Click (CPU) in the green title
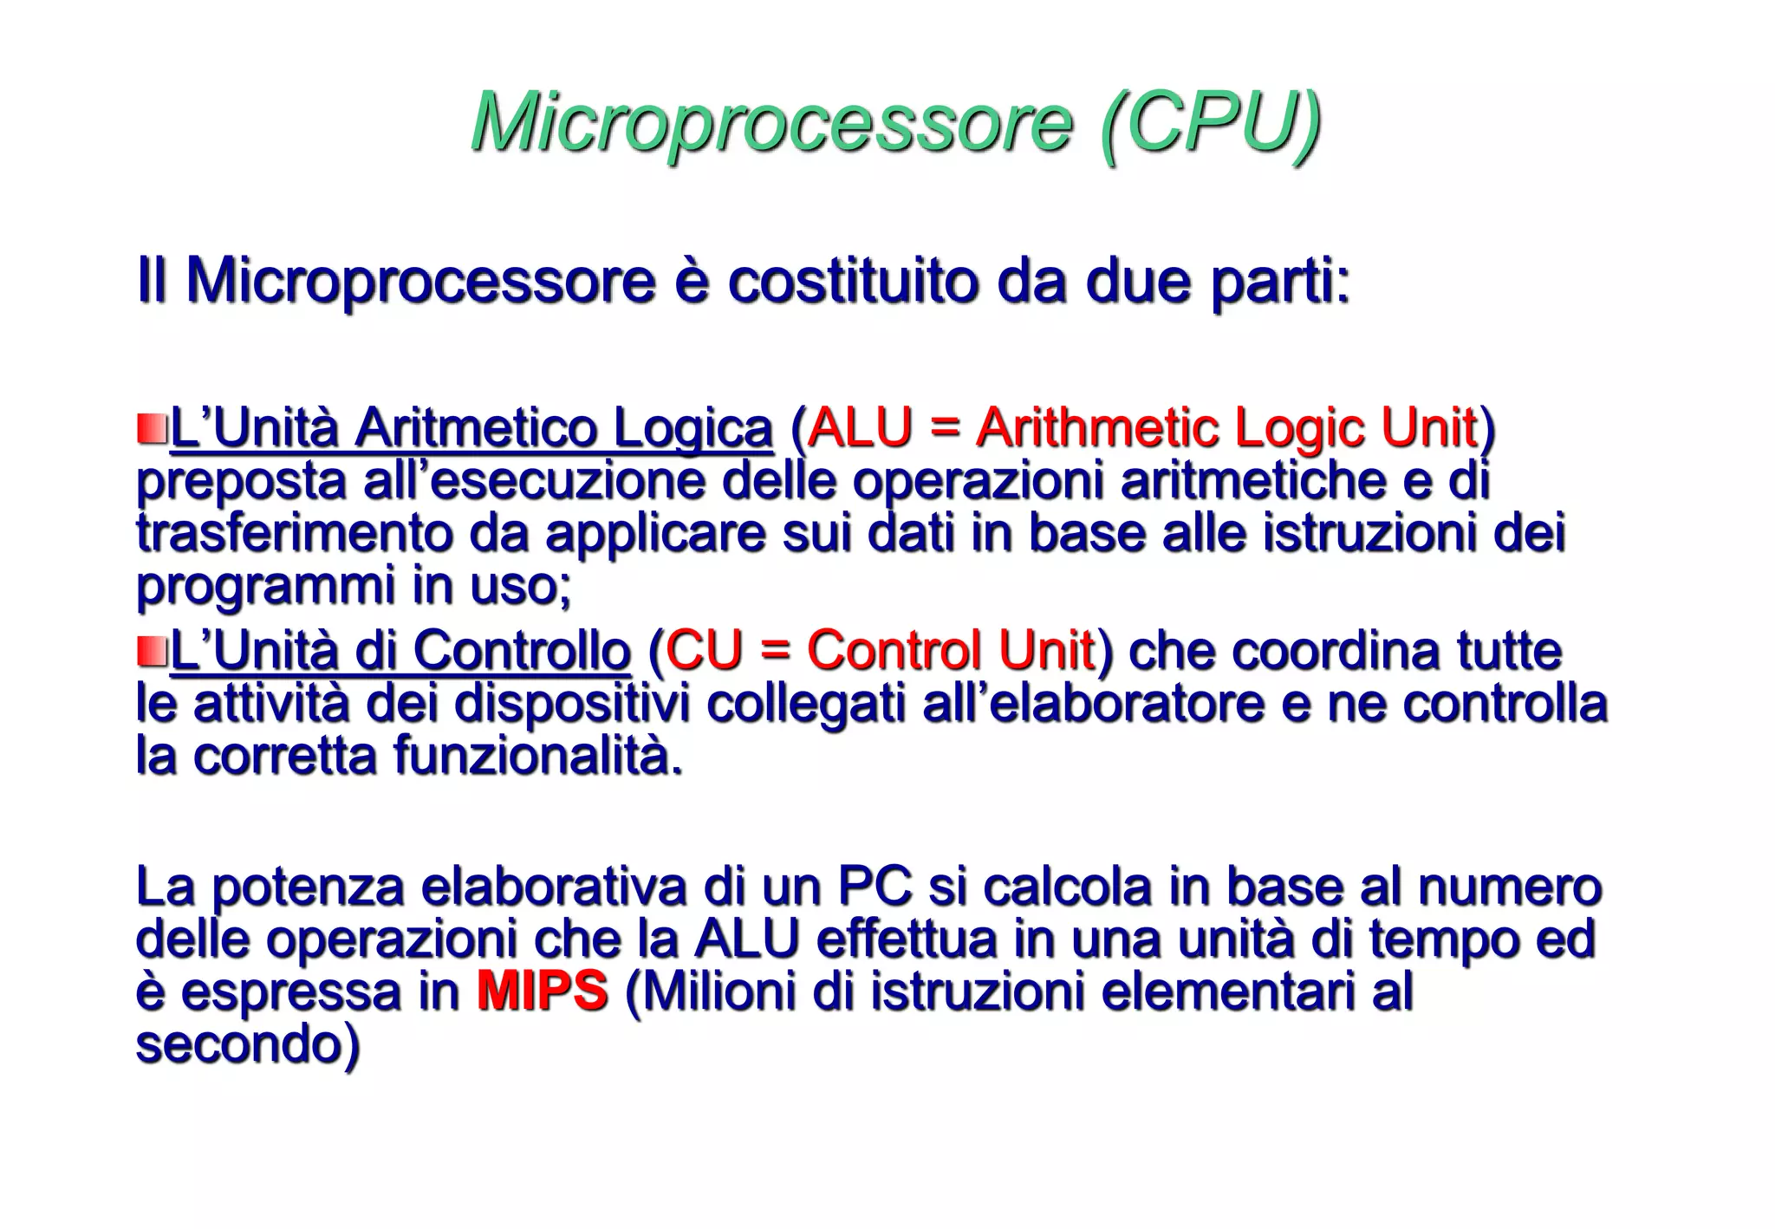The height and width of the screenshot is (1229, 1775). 1210,122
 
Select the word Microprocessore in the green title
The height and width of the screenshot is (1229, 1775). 771,122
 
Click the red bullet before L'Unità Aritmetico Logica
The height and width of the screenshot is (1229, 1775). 151,428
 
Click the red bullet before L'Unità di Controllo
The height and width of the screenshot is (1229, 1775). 151,650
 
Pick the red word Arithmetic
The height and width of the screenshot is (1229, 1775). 1096,428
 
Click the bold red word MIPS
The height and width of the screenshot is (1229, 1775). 542,991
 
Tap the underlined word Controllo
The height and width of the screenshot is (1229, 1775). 521,650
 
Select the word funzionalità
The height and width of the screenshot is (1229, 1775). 537,755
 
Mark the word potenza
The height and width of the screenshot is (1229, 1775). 308,887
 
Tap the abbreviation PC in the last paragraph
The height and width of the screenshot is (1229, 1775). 874,887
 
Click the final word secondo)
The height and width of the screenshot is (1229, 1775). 247,1044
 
